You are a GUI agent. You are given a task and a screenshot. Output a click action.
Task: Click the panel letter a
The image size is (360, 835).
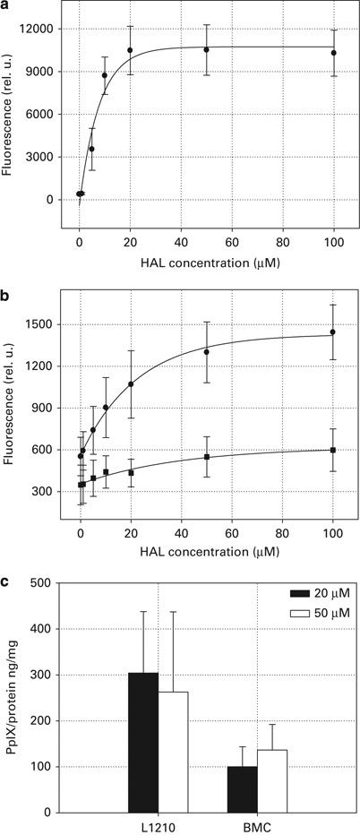[8, 6]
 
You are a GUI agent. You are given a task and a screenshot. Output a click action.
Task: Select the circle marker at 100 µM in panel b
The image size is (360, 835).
[333, 332]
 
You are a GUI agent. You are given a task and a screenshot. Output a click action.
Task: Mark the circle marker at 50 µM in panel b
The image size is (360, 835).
[206, 352]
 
